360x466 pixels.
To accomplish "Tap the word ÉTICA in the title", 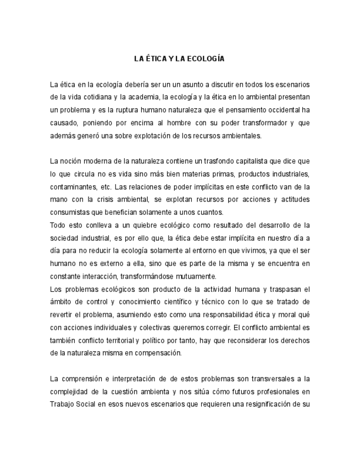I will (156, 58).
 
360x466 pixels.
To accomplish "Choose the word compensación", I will (155, 353).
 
